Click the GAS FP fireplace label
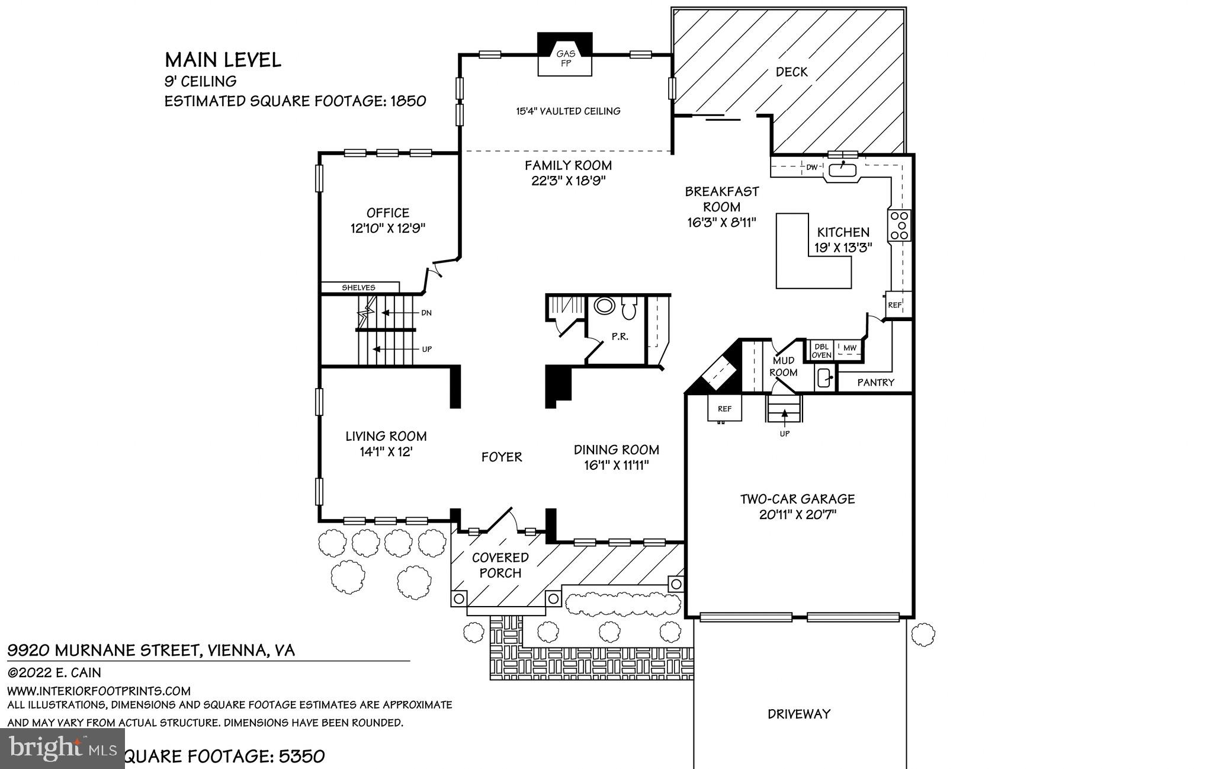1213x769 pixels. (x=565, y=59)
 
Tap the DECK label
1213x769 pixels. (x=791, y=72)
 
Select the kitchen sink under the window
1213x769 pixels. (x=842, y=170)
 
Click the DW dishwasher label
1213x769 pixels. (x=811, y=168)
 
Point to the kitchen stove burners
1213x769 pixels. (x=899, y=225)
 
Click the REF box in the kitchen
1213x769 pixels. (x=894, y=305)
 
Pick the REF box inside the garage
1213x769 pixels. (x=724, y=409)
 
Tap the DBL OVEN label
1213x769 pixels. (x=821, y=351)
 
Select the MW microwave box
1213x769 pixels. (x=849, y=348)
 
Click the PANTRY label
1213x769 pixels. (x=875, y=383)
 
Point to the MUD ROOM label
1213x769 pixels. (x=783, y=367)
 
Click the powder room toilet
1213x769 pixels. (x=628, y=308)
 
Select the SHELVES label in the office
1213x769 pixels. (x=358, y=287)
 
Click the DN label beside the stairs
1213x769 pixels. (x=426, y=313)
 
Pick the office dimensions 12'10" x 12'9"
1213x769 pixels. (x=387, y=228)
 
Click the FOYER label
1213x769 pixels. (x=501, y=457)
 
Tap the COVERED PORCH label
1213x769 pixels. (x=500, y=565)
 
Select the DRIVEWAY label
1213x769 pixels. (x=799, y=714)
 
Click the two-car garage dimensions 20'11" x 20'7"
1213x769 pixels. (x=797, y=515)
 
